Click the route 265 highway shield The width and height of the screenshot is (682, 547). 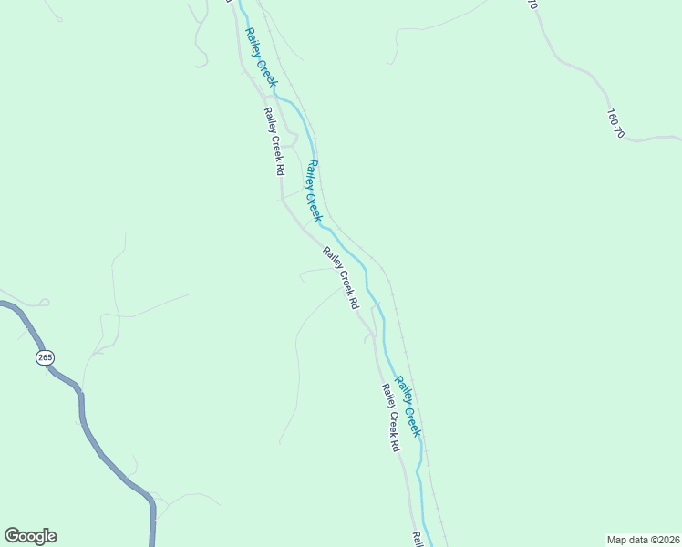click(45, 357)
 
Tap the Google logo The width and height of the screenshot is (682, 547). click(30, 536)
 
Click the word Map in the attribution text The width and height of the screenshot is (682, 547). click(619, 539)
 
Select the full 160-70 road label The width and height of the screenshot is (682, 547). click(615, 124)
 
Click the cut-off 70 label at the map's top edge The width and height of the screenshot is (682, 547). click(532, 5)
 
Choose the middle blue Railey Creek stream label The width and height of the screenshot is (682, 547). click(314, 191)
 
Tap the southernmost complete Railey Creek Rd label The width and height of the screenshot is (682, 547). click(390, 418)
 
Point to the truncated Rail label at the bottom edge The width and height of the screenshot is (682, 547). click(417, 540)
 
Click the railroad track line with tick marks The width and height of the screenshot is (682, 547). click(401, 328)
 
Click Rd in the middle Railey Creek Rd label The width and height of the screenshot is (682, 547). click(350, 302)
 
